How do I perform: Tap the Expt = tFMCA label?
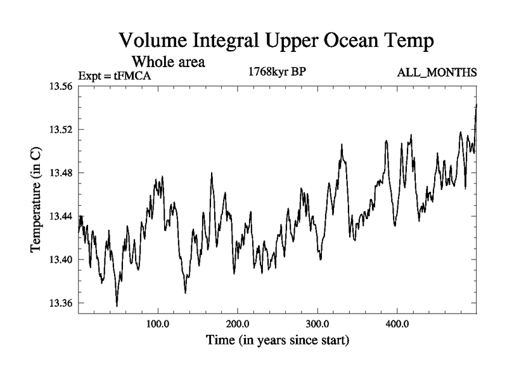[x=115, y=76]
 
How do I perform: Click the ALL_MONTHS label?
[x=437, y=73]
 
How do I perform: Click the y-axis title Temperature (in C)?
[x=36, y=199]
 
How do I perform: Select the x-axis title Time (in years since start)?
[x=277, y=340]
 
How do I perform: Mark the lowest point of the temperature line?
[x=117, y=306]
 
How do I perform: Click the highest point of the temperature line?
[x=476, y=104]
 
